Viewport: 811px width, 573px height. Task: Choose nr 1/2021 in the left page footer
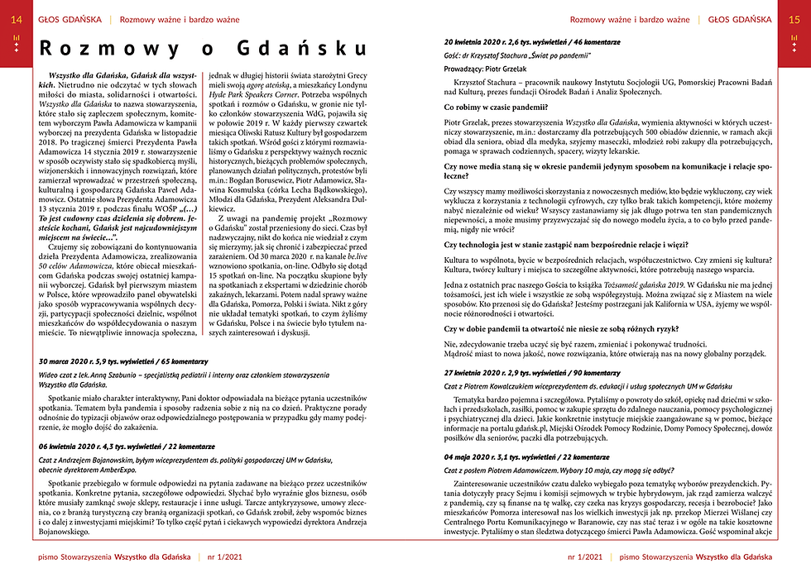point(223,558)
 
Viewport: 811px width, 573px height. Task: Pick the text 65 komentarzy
point(183,362)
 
